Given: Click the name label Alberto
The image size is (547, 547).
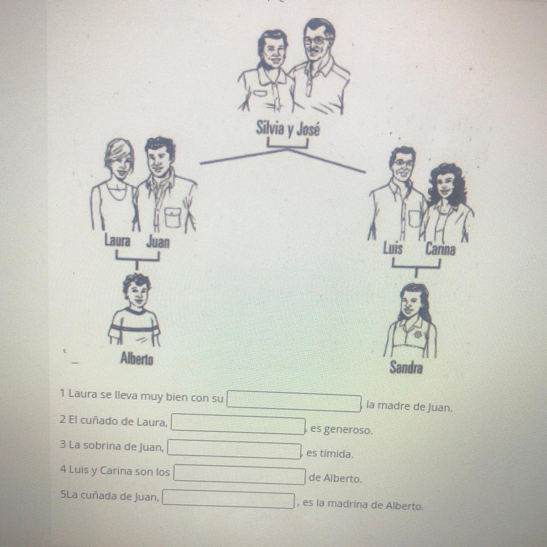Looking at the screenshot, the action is [x=137, y=358].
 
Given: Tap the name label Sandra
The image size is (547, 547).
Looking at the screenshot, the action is [x=406, y=367].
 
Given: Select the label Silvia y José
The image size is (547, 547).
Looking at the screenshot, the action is [x=288, y=128].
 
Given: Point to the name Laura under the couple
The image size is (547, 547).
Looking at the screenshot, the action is [x=118, y=241].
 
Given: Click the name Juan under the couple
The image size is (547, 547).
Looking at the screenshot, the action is [x=158, y=241].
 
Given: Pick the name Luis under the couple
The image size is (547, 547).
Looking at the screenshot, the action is [x=393, y=249].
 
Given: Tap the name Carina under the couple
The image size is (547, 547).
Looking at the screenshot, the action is [x=440, y=249].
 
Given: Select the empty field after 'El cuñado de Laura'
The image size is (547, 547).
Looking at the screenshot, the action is [x=238, y=424].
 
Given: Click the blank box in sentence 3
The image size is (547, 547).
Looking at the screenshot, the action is [x=234, y=449].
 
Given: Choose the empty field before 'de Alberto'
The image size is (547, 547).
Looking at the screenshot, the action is [x=240, y=475].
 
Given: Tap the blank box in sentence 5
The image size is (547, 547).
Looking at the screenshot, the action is [x=229, y=499].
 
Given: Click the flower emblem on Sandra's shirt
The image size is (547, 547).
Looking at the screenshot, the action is [x=417, y=334].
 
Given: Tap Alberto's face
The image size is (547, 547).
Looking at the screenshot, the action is [x=137, y=295].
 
